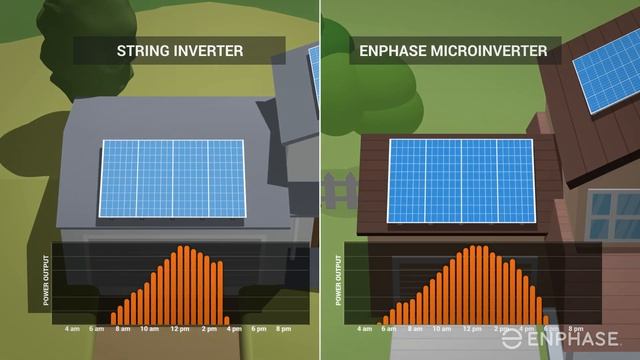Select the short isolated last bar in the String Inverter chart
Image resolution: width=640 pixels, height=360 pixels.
(x=227, y=319)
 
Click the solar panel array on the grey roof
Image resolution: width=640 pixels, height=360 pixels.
(x=172, y=178)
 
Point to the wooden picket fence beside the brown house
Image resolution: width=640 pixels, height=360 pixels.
(x=339, y=189)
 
